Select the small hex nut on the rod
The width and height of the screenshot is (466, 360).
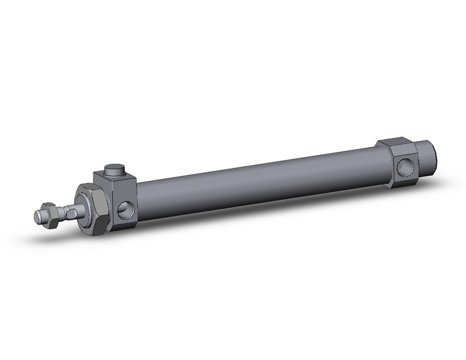coord(52,215)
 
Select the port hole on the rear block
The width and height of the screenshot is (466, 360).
coord(404,166)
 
